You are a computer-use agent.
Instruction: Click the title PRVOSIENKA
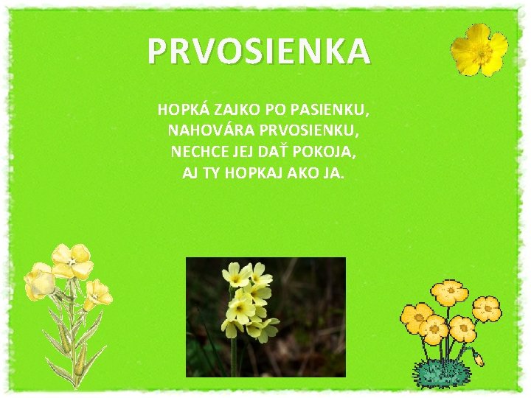[x=258, y=52]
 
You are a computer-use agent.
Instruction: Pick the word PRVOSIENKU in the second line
[x=311, y=132]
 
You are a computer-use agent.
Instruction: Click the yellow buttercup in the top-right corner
[x=479, y=49]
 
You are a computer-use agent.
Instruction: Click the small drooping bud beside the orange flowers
[x=478, y=359]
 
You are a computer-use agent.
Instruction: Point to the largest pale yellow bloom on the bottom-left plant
[x=72, y=261]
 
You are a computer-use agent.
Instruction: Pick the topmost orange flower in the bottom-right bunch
[x=449, y=293]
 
